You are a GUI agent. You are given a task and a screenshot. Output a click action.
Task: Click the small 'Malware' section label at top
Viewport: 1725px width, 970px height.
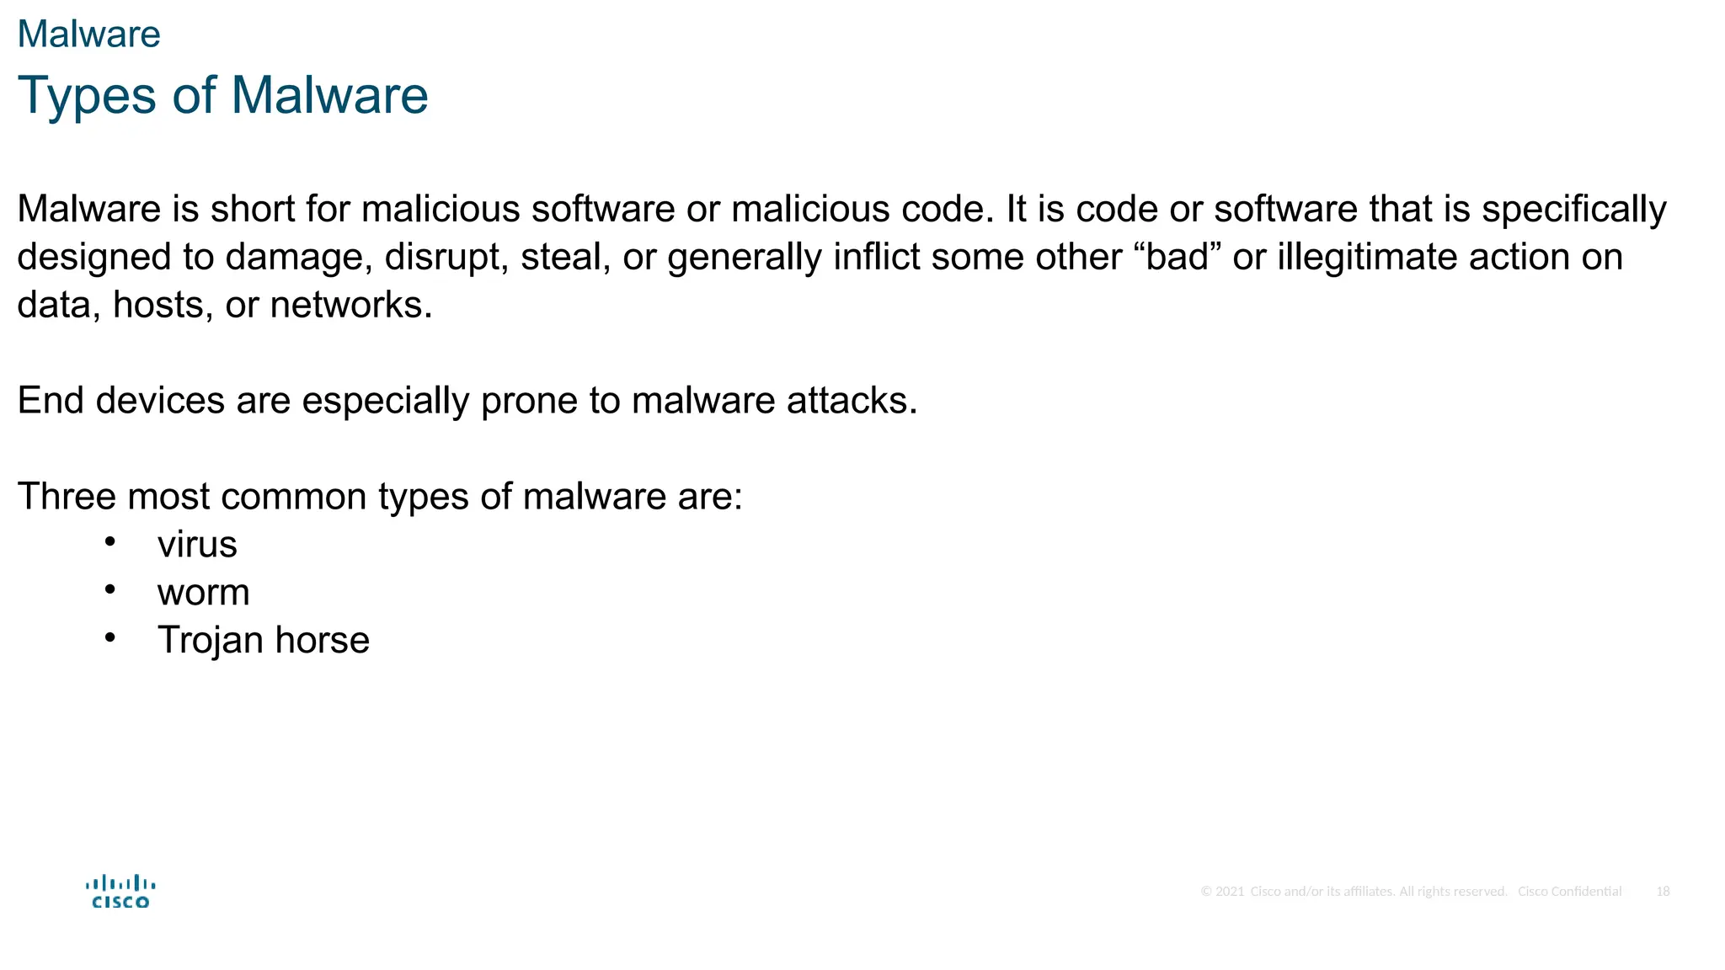coord(88,35)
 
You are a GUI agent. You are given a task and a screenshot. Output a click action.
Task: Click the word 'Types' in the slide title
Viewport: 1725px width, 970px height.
coord(87,95)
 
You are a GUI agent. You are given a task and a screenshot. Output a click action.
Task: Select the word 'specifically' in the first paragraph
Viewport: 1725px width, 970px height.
coord(1573,210)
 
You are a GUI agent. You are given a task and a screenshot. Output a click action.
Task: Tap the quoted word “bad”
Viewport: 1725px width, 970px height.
coord(1183,257)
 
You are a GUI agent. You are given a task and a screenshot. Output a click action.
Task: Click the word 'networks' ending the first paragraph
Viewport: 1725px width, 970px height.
coord(350,305)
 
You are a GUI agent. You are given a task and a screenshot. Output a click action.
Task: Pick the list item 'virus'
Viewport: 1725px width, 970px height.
coord(197,545)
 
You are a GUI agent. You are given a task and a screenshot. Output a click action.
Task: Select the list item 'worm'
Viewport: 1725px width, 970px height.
coord(203,593)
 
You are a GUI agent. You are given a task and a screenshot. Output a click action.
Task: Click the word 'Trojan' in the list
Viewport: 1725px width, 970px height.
coord(211,641)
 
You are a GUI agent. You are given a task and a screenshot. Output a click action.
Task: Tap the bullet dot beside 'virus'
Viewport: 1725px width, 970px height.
coord(110,542)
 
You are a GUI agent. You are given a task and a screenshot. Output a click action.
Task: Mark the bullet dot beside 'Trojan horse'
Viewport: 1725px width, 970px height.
coord(110,637)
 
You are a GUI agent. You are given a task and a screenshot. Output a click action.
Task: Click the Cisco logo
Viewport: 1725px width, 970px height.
coord(120,892)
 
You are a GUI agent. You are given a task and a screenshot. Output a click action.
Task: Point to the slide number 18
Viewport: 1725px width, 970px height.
coord(1663,892)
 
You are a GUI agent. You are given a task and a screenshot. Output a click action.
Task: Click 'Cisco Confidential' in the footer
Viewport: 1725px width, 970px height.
coord(1569,892)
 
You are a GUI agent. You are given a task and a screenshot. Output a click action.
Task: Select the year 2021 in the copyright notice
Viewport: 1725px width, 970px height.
coord(1230,892)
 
